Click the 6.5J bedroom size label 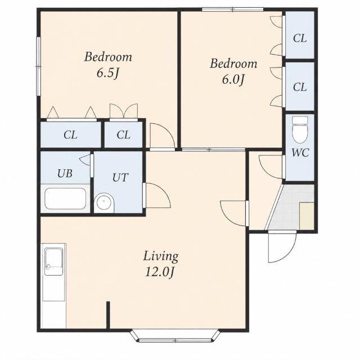[107, 74]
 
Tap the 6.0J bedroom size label [232, 80]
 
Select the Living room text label [161, 256]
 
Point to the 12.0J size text [160, 273]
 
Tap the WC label [300, 152]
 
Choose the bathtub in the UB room [65, 199]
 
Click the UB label [65, 174]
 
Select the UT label [120, 178]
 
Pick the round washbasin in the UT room [104, 202]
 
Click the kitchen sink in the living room [54, 261]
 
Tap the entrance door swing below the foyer [282, 247]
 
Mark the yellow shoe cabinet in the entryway [307, 216]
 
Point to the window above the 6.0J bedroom [232, 10]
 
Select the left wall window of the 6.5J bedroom [39, 66]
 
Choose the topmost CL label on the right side [300, 38]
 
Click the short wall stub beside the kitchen [108, 315]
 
